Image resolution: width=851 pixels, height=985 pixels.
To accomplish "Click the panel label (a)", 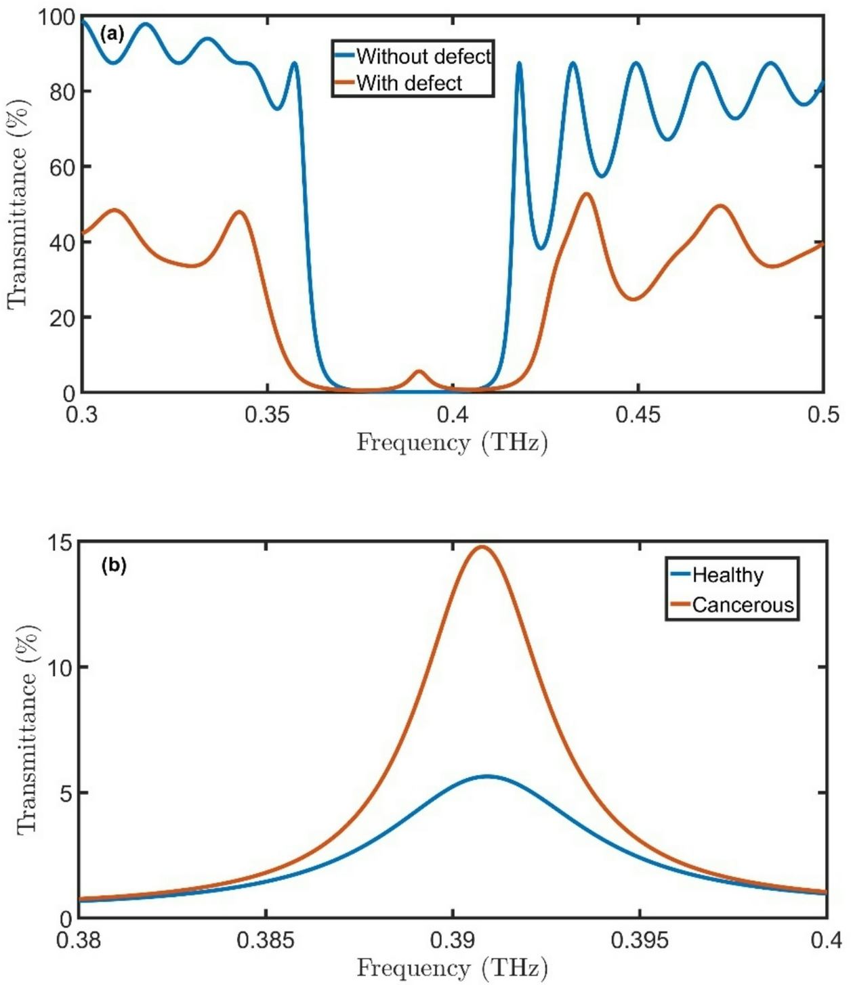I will click(x=112, y=33).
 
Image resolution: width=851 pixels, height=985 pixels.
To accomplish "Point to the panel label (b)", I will click(x=113, y=565).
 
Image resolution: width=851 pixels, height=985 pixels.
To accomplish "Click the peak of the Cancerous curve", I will click(x=482, y=547).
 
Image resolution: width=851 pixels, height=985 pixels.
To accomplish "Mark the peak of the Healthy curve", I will click(x=487, y=776).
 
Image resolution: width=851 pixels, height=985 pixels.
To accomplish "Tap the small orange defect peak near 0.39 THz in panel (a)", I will click(x=419, y=371).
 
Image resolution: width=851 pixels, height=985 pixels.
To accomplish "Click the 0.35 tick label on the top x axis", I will click(x=268, y=414).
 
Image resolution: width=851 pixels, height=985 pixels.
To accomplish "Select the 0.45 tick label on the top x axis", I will click(x=638, y=414).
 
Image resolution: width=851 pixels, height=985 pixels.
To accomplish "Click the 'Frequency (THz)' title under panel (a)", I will click(x=452, y=442).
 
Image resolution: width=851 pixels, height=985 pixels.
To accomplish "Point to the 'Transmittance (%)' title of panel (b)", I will click(x=27, y=730).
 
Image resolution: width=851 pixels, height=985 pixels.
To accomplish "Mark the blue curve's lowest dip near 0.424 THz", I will click(x=540, y=248).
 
